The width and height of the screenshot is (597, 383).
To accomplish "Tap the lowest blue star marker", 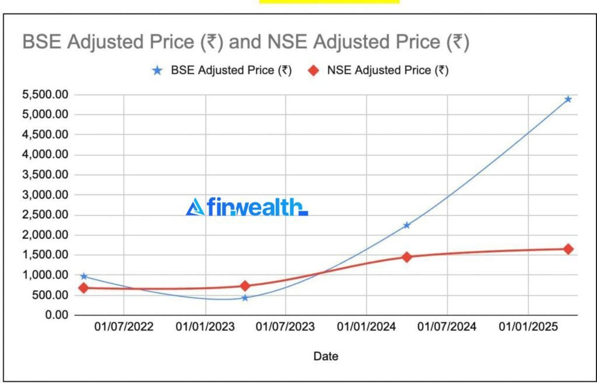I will pyautogui.click(x=245, y=298).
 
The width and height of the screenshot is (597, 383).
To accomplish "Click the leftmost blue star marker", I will pyautogui.click(x=84, y=276).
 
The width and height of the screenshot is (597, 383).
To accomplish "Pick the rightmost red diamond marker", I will pyautogui.click(x=568, y=249).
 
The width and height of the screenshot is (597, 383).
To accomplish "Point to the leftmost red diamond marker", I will pyautogui.click(x=84, y=288).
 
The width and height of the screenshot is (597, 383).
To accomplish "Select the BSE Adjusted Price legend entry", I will pyautogui.click(x=222, y=71).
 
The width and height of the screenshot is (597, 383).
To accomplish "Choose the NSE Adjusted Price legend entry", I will pyautogui.click(x=378, y=71).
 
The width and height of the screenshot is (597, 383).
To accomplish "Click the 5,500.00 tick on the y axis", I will pyautogui.click(x=44, y=95).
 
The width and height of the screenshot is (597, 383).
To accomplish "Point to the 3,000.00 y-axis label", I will pyautogui.click(x=44, y=195).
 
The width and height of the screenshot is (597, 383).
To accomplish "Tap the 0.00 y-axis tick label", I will pyautogui.click(x=55, y=315).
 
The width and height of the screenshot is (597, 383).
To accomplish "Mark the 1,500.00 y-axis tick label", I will pyautogui.click(x=44, y=255).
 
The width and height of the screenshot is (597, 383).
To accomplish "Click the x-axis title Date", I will pyautogui.click(x=325, y=356).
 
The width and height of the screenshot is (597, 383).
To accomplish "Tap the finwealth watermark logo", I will pyautogui.click(x=247, y=207).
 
